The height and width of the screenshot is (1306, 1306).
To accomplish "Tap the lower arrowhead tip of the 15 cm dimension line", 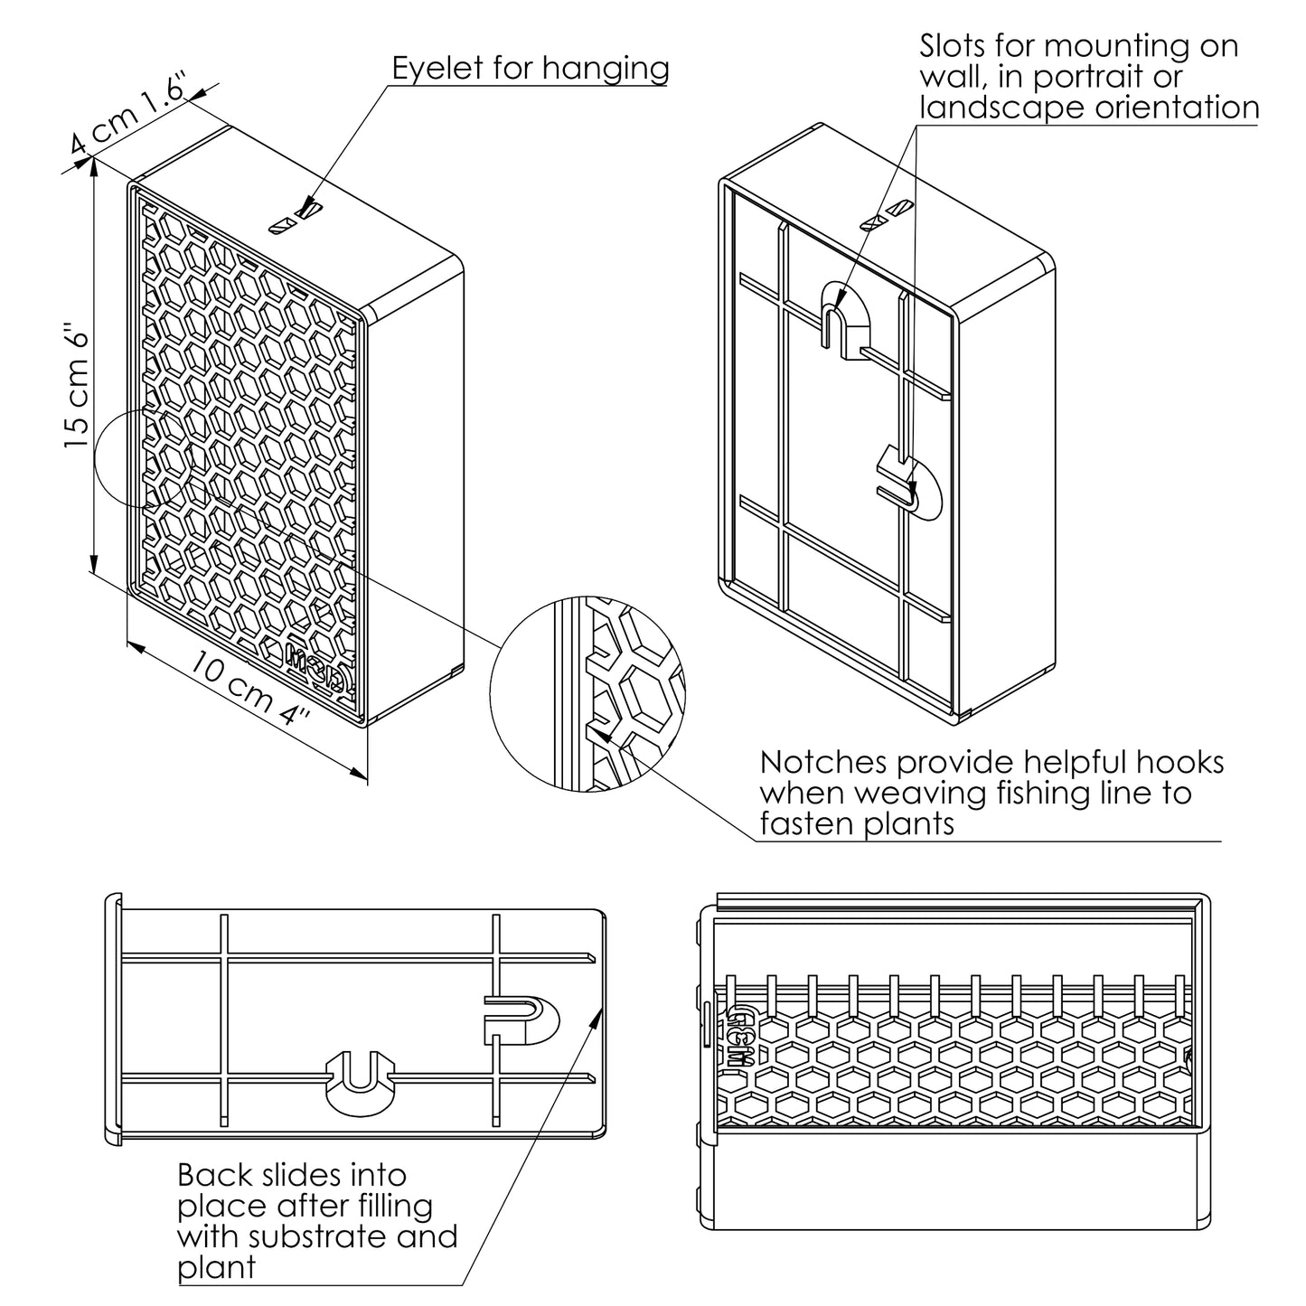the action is [x=94, y=571].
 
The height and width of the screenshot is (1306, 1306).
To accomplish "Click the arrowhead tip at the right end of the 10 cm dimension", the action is [x=367, y=777].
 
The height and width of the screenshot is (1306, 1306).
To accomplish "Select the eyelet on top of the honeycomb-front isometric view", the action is [x=298, y=218].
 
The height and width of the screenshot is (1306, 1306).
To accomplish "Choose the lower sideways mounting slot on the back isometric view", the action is [x=909, y=484].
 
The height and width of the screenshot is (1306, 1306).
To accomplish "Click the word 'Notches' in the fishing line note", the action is [x=822, y=763].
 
